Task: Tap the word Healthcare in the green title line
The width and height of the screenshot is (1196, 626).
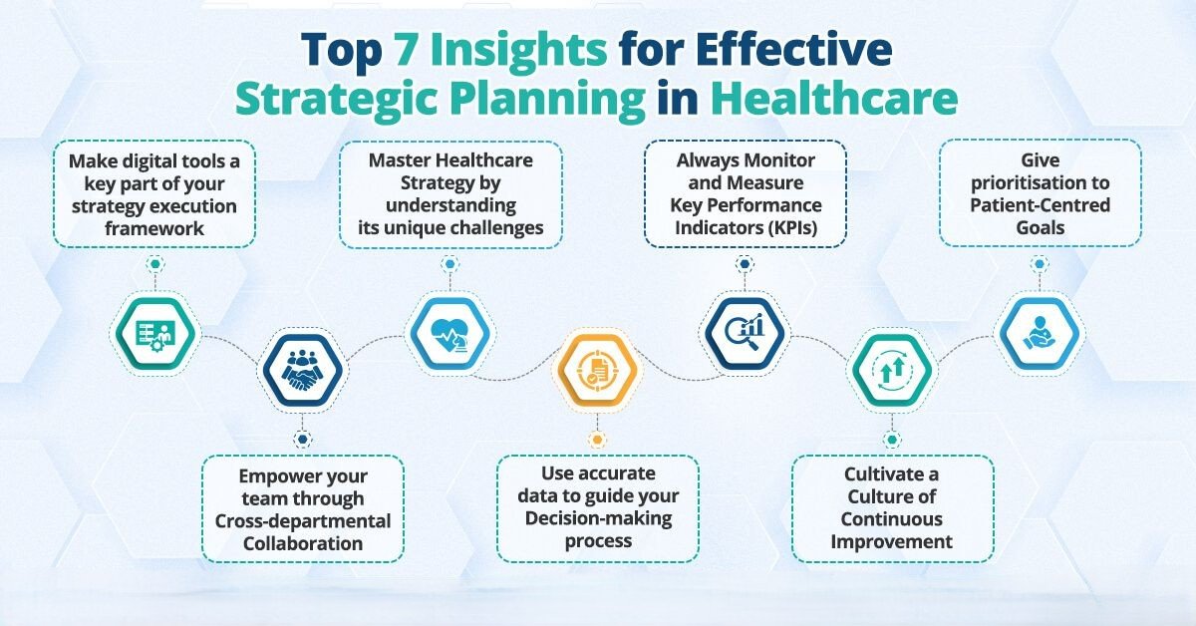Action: [834, 99]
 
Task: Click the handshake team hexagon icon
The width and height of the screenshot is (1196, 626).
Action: [303, 370]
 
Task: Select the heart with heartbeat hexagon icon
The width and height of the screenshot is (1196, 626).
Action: [450, 334]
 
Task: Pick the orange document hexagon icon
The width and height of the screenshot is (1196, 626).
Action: [597, 370]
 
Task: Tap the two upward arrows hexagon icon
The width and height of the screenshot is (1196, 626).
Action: [892, 370]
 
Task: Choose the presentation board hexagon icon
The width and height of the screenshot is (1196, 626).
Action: [155, 334]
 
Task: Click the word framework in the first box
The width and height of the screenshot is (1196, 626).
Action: [154, 228]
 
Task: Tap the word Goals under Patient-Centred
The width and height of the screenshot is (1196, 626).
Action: [1041, 228]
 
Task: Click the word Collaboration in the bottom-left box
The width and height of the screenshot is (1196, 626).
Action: [303, 543]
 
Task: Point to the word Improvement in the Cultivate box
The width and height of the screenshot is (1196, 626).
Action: [892, 542]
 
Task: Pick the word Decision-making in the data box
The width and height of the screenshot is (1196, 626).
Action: [599, 518]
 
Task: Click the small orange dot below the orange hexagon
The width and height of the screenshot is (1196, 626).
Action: [597, 440]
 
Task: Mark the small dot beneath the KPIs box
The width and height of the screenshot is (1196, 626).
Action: [745, 264]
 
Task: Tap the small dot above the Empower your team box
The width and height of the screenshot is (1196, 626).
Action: [303, 440]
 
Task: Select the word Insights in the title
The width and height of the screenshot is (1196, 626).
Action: [518, 50]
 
